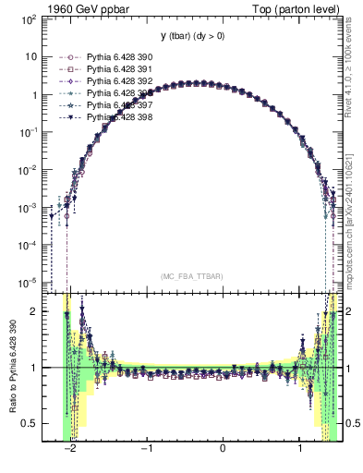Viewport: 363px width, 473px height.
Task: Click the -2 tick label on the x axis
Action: point(70,452)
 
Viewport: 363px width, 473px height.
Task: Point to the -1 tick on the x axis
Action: point(147,452)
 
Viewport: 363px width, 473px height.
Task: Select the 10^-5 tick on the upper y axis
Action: point(30,282)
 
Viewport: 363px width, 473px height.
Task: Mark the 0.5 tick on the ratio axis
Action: point(30,423)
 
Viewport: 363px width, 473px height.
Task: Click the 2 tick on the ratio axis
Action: point(35,311)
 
